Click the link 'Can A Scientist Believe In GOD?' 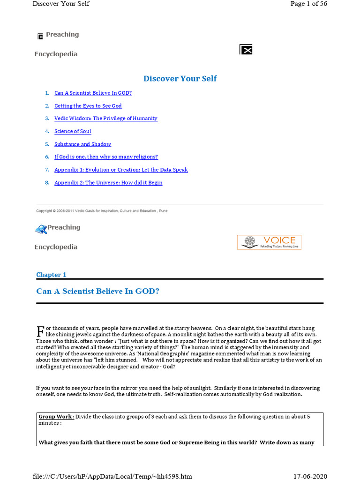tap(93, 93)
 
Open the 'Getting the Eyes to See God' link tap(88, 106)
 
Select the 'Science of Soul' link tap(73, 131)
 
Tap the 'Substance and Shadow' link tap(82, 144)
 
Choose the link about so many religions tap(106, 157)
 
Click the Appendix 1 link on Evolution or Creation tap(121, 170)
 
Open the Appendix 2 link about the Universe tap(108, 182)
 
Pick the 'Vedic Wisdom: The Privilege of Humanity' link tap(105, 119)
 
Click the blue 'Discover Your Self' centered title tap(180, 78)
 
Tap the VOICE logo tap(269, 242)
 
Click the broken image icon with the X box tap(246, 50)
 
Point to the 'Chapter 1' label tap(51, 275)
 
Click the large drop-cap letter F tap(40, 331)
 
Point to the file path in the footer tap(112, 476)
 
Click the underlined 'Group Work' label tap(56, 417)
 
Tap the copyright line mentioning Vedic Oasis tap(102, 211)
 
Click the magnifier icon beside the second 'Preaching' tap(41, 229)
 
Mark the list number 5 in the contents tap(47, 144)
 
